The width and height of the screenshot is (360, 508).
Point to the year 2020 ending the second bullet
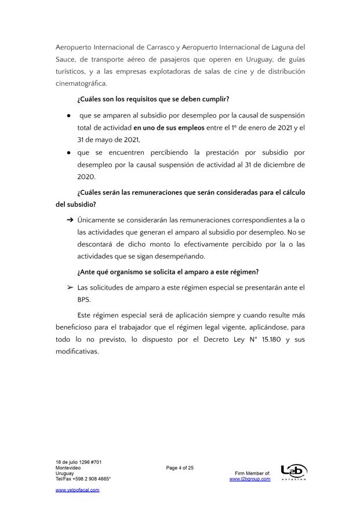coord(86,177)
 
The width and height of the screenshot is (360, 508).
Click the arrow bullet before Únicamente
coord(69,220)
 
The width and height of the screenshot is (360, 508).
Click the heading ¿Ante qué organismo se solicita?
coord(168,272)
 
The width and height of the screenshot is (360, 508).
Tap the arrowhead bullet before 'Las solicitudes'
coord(69,287)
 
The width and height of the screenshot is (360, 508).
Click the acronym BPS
coord(84,300)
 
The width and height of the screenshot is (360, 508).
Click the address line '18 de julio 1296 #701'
coord(79,462)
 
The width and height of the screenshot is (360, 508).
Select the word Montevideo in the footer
coord(68,467)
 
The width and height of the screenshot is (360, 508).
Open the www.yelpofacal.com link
coord(78,490)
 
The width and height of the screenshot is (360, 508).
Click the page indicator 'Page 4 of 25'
coord(180,468)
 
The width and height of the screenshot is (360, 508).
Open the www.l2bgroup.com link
coord(250,479)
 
